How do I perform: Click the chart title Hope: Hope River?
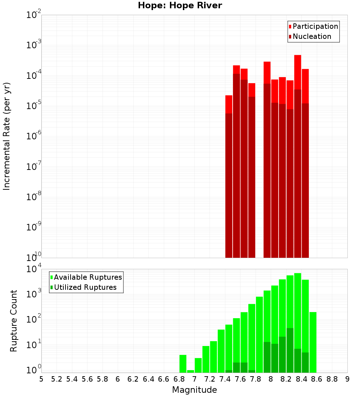tap(180, 5)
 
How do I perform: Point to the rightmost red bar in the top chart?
tap(305, 162)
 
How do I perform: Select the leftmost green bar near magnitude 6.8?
tap(183, 364)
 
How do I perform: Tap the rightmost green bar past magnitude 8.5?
tap(313, 342)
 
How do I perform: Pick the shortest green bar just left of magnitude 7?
tap(190, 371)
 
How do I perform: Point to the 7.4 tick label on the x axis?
tap(225, 379)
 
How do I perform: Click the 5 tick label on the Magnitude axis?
tap(41, 379)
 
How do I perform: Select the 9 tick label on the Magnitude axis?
tap(347, 379)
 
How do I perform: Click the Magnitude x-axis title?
tap(194, 390)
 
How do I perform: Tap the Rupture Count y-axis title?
tap(14, 321)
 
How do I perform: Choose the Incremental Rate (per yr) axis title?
tap(7, 136)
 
